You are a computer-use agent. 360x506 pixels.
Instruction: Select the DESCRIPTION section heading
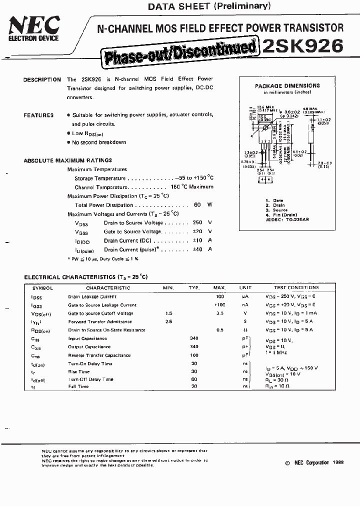coord(42,79)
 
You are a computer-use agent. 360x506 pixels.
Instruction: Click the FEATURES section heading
coord(38,115)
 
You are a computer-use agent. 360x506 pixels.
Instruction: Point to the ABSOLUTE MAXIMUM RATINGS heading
coord(68,160)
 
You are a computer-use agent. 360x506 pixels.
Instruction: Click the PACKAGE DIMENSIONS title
coord(287,86)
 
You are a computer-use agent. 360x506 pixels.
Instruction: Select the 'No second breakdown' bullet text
coord(99,142)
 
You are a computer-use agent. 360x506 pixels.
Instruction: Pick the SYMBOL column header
coord(42,288)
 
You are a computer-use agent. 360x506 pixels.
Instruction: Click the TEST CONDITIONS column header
coord(296,288)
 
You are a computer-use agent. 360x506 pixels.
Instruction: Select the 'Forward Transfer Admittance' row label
coord(100,321)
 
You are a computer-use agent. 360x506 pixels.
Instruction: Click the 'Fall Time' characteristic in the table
coord(78,386)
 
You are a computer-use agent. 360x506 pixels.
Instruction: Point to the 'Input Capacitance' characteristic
coord(87,338)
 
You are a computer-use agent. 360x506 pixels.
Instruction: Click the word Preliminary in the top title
coord(242,6)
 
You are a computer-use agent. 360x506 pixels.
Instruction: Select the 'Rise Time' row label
coord(78,371)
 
